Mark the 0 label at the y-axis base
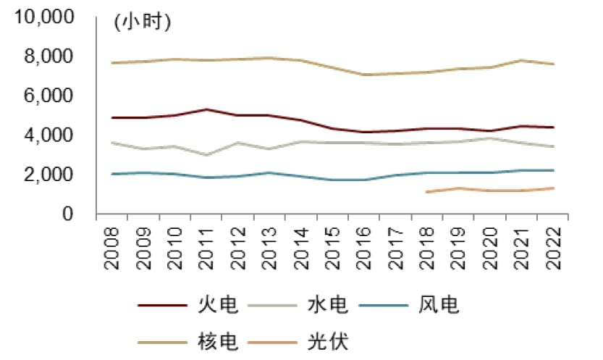point(69,214)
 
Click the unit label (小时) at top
point(141,22)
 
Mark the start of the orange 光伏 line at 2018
point(428,192)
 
